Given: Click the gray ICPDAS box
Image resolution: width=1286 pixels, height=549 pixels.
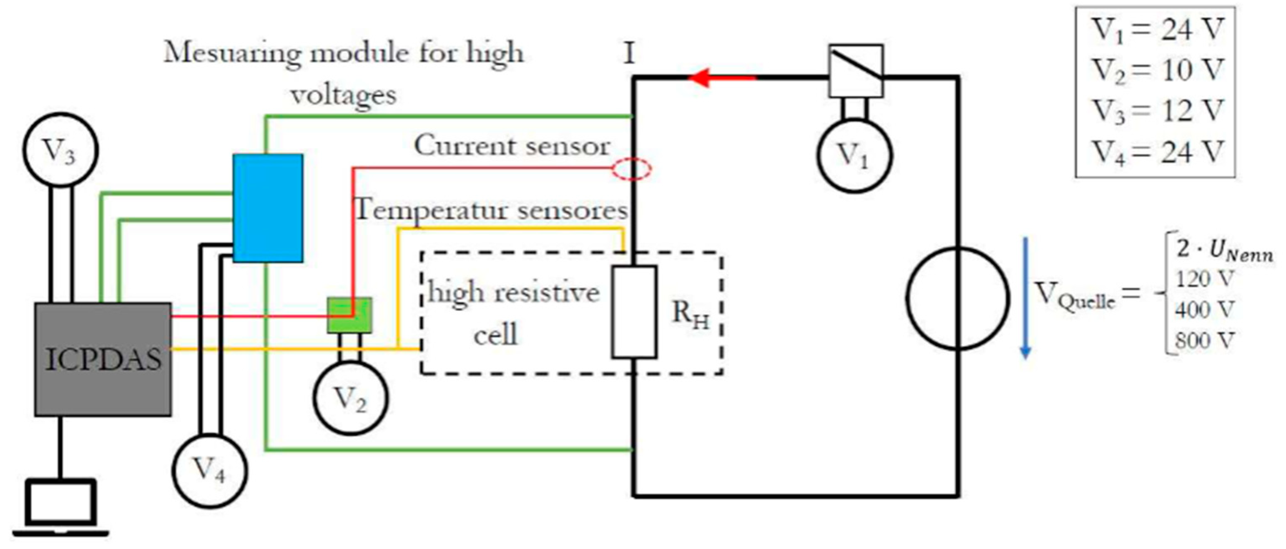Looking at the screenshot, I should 103,359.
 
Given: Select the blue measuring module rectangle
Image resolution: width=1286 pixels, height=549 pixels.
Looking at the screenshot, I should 268,208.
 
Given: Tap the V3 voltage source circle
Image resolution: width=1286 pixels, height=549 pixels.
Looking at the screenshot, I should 60,150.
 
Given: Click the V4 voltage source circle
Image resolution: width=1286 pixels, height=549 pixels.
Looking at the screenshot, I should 209,470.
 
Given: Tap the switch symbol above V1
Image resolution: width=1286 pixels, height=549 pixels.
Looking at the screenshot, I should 856,71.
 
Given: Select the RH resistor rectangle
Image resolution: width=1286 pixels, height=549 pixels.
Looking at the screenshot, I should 634,312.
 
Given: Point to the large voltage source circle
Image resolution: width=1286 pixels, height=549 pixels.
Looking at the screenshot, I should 957,298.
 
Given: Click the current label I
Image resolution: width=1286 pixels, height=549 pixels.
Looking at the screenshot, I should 629,53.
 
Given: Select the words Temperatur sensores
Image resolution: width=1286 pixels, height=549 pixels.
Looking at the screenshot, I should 491,210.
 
